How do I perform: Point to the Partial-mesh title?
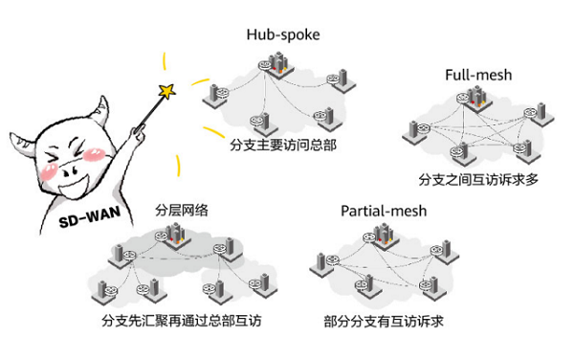coord(384,210)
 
